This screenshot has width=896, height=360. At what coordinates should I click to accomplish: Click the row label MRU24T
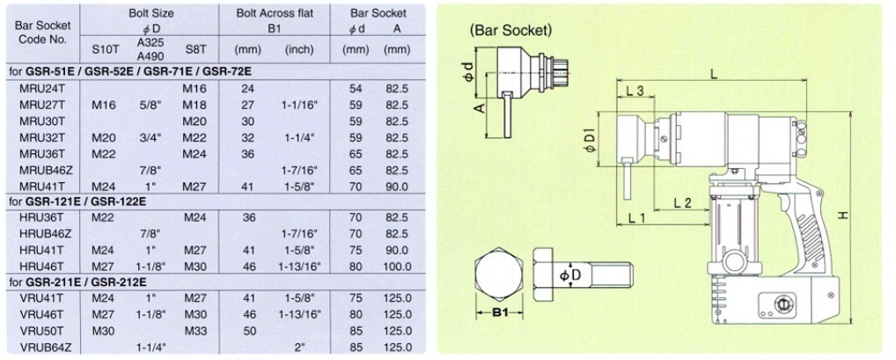37,89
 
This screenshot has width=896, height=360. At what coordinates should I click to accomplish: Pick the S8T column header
194,49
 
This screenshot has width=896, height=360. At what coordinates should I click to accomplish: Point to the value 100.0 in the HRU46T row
397,266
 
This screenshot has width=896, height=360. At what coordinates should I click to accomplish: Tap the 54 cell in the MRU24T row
356,89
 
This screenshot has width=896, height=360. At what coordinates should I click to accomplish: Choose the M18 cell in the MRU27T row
194,105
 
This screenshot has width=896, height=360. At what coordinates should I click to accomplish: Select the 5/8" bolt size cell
149,105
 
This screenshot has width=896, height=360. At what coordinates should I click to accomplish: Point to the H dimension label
842,215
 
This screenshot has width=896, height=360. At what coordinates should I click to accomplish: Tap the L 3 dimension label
635,92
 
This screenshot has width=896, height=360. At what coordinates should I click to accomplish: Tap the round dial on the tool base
777,303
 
